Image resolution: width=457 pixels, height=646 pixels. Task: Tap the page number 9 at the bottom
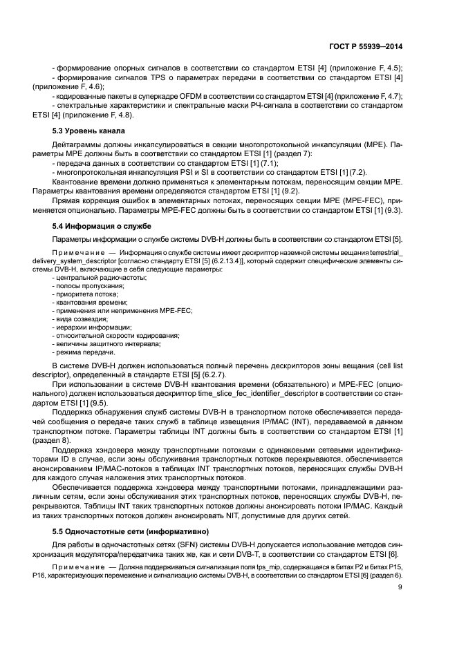(400, 588)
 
